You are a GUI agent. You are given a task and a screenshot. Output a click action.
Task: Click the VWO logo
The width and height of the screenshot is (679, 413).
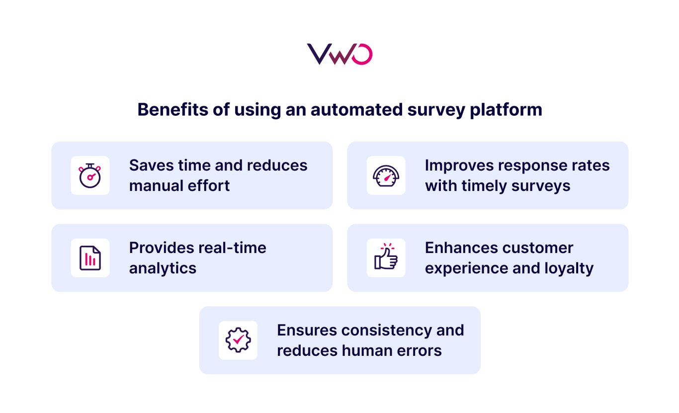tap(339, 54)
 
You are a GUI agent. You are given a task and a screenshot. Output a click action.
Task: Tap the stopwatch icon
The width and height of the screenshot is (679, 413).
tap(90, 175)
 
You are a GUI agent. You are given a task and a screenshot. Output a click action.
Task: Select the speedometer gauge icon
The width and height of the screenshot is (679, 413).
tap(386, 175)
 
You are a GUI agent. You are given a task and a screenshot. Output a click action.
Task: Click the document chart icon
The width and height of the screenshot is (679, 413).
tap(90, 258)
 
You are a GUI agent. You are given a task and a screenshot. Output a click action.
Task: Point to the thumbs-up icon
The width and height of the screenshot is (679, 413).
tap(386, 257)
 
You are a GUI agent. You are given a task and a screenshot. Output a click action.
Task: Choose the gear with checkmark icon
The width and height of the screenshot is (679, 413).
tap(238, 340)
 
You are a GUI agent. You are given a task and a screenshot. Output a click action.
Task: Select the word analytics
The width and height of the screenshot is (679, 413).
tap(163, 268)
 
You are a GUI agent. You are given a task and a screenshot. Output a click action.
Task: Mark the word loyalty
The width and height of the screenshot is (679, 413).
tap(568, 268)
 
